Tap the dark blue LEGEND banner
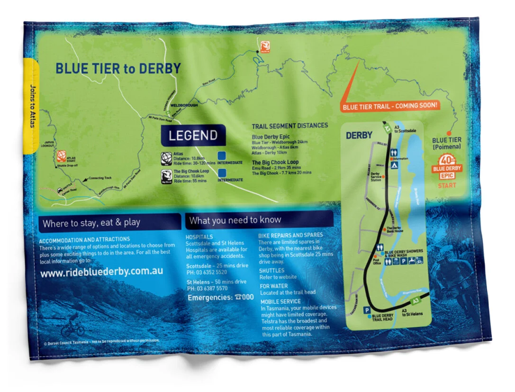pyautogui.click(x=193, y=136)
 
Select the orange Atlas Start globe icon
pyautogui.click(x=61, y=156)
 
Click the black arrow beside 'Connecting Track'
pyautogui.click(x=86, y=181)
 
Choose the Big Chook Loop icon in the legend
pyautogui.click(x=166, y=175)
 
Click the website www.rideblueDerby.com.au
pyautogui.click(x=101, y=273)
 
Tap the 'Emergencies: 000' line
pyautogui.click(x=220, y=298)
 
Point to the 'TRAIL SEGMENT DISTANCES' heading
pyautogui.click(x=289, y=126)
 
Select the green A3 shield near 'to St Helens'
pyautogui.click(x=415, y=301)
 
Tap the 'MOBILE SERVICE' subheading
pyautogui.click(x=280, y=301)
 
